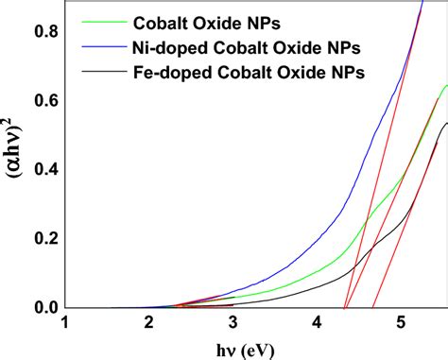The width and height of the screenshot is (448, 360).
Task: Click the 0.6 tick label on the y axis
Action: (42, 100)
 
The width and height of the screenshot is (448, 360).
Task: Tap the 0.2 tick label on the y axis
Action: (42, 239)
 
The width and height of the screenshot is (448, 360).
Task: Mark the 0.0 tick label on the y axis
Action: (42, 308)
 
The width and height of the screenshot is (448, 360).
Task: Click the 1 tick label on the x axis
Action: (64, 324)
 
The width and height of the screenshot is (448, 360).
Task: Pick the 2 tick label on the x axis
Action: (148, 324)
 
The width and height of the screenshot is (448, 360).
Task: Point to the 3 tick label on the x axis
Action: (233, 324)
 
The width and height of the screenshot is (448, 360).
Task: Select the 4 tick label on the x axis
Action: (317, 324)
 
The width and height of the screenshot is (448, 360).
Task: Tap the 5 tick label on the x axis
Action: (401, 324)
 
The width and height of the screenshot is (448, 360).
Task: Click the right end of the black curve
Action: (446, 123)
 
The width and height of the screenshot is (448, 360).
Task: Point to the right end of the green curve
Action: (446, 86)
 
